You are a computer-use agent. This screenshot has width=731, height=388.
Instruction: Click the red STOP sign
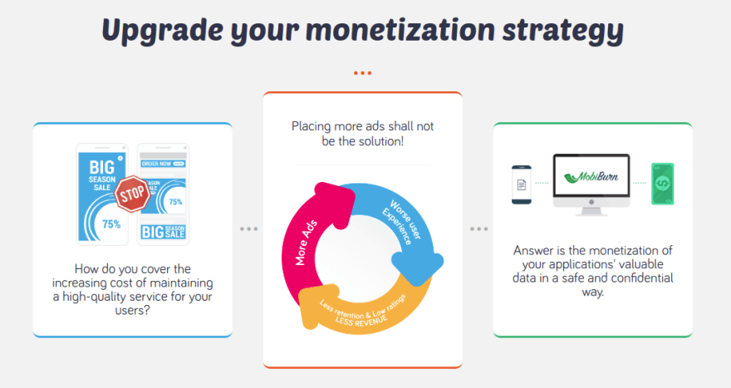pyautogui.click(x=132, y=194)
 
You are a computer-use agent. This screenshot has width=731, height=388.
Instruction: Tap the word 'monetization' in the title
pyautogui.click(x=400, y=30)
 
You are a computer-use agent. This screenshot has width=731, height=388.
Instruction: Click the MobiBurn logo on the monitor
pyautogui.click(x=591, y=177)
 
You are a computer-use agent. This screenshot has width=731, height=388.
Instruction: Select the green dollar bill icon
pyautogui.click(x=663, y=184)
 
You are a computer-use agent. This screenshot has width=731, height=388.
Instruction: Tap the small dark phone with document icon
pyautogui.click(x=521, y=184)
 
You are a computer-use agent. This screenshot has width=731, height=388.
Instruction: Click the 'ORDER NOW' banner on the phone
pyautogui.click(x=163, y=164)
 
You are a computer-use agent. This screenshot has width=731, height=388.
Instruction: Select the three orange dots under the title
pyautogui.click(x=362, y=73)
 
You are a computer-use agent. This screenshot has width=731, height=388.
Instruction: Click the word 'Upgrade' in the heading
pyautogui.click(x=162, y=31)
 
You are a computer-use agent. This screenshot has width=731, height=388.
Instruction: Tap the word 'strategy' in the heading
pyautogui.click(x=562, y=31)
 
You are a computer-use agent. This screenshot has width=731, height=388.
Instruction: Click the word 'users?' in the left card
pyautogui.click(x=132, y=311)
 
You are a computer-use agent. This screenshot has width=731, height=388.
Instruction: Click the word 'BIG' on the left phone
pyautogui.click(x=101, y=167)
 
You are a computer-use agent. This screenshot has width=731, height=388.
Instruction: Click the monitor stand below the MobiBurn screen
pyautogui.click(x=591, y=211)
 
